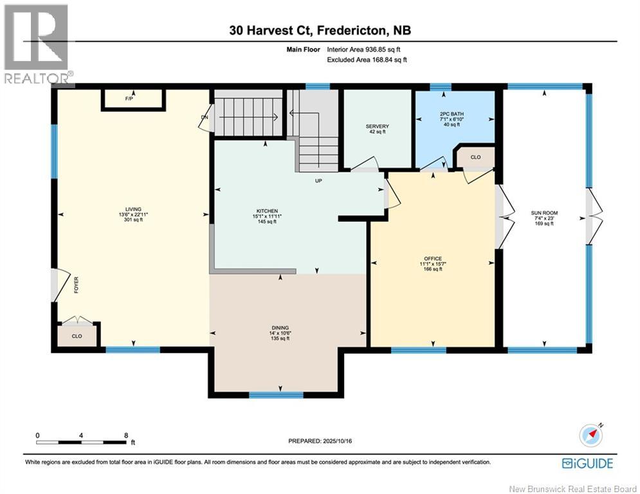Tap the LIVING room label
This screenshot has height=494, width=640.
pos(133,209)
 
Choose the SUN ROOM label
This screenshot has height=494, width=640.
pos(544,213)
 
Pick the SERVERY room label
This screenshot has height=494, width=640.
pos(377,126)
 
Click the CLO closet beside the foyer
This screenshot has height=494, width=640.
pos(77,336)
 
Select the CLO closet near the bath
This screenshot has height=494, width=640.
pos(475,156)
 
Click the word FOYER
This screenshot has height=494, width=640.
pos(76,285)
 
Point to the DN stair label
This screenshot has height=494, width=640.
pos(205,118)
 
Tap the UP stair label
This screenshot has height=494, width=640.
pos(318,181)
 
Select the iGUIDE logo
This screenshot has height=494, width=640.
pos(587,463)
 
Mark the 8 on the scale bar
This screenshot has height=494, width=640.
pos(125,435)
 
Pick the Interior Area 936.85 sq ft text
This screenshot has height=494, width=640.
pos(367,49)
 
